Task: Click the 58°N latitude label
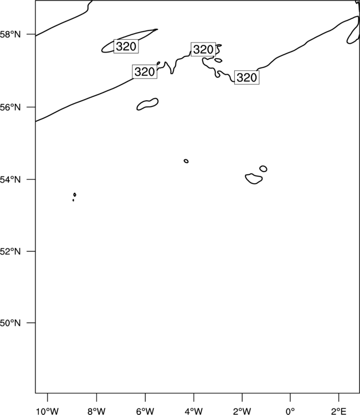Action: click(x=10, y=34)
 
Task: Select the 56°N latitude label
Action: click(x=10, y=107)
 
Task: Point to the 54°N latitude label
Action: click(x=10, y=179)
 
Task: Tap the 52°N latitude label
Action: click(x=10, y=251)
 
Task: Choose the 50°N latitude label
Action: click(x=10, y=323)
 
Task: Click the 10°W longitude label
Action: click(x=48, y=411)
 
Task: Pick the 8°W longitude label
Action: click(x=96, y=411)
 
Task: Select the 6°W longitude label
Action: click(x=145, y=411)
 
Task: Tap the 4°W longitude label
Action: click(x=194, y=411)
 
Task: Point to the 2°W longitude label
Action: click(x=242, y=411)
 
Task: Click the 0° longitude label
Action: click(x=290, y=411)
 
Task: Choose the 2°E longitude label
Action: click(x=338, y=411)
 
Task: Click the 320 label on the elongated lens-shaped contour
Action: click(x=126, y=46)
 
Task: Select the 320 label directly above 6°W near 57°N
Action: click(x=145, y=71)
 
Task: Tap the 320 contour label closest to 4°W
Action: click(x=203, y=49)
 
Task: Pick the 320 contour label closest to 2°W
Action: click(x=247, y=77)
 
